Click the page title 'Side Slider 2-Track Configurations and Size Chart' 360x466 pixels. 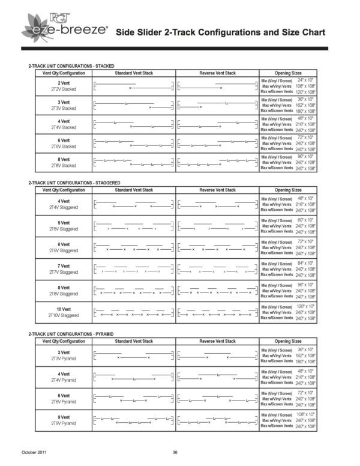pyautogui.click(x=220, y=31)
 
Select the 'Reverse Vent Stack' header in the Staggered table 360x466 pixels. pyautogui.click(x=217, y=190)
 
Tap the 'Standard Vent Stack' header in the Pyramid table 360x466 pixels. pyautogui.click(x=134, y=340)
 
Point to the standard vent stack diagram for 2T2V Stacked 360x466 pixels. pyautogui.click(x=134, y=85)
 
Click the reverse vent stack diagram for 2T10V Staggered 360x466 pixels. pyautogui.click(x=217, y=312)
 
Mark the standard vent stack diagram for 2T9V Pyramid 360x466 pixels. pyautogui.click(x=134, y=420)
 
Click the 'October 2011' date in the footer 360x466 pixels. pyautogui.click(x=34, y=452)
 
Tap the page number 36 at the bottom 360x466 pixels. pyautogui.click(x=175, y=452)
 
